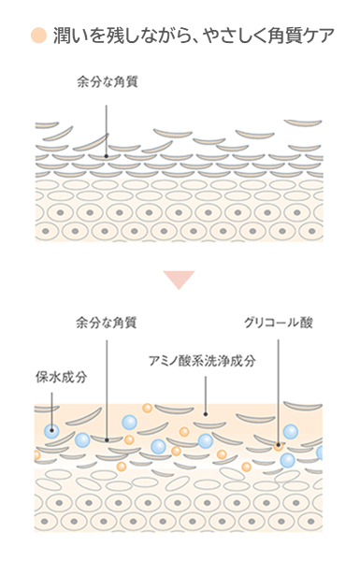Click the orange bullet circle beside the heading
(38, 36)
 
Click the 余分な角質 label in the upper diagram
(108, 82)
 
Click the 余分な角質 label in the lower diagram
(107, 323)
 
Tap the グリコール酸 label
(279, 323)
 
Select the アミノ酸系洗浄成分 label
(202, 361)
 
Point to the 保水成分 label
(61, 377)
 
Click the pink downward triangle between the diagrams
(179, 279)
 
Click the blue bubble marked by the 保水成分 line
(51, 430)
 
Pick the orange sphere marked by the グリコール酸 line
(278, 445)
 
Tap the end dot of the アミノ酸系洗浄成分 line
(206, 414)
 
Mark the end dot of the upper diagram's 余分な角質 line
(106, 156)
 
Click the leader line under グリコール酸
(278, 392)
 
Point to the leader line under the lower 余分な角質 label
(107, 389)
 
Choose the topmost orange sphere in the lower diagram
(147, 408)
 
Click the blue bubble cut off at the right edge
(320, 453)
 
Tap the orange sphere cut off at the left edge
(36, 455)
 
